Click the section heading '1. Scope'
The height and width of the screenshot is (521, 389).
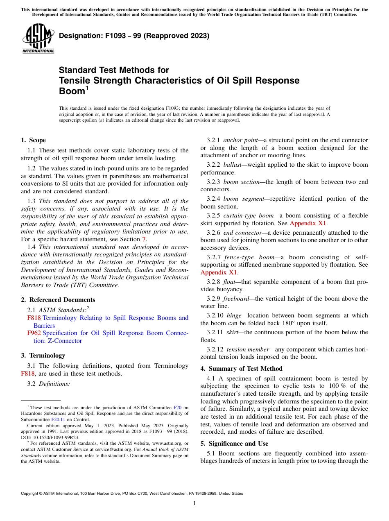33,140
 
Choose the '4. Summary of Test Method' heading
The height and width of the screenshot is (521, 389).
241,369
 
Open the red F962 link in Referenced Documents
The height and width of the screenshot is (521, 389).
34,333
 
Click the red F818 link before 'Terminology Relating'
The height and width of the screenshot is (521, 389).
34,318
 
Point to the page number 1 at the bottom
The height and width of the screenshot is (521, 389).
194,503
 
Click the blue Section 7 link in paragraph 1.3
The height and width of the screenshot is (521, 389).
143,239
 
